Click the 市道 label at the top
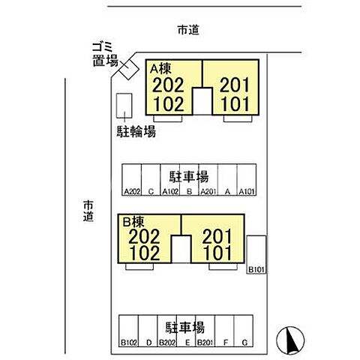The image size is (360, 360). pos(188,30)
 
